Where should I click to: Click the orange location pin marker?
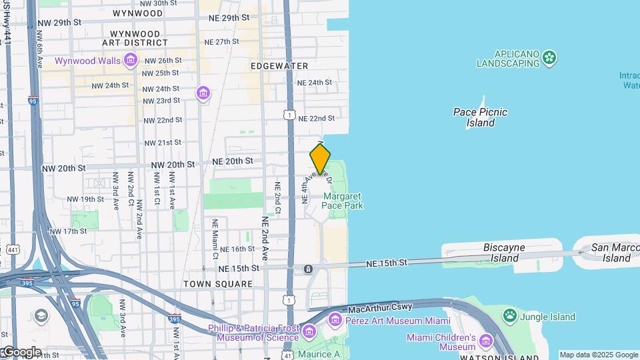tap(320, 159)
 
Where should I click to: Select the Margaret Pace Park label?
tap(343, 201)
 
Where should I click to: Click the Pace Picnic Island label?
tap(480, 117)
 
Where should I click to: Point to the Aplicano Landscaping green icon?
tap(549, 58)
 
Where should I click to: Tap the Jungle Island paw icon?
tap(510, 314)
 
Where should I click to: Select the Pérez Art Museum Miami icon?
tap(334, 321)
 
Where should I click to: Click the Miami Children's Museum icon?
tap(485, 343)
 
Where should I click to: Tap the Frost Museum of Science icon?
tap(308, 331)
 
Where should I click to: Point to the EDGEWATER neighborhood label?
tap(279, 66)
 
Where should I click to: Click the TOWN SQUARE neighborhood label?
tap(219, 284)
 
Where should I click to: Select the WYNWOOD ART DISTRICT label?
tap(135, 38)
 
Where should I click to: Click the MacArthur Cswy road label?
tap(380, 308)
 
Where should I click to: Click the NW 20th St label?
tap(173, 165)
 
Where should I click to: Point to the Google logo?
tap(21, 352)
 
